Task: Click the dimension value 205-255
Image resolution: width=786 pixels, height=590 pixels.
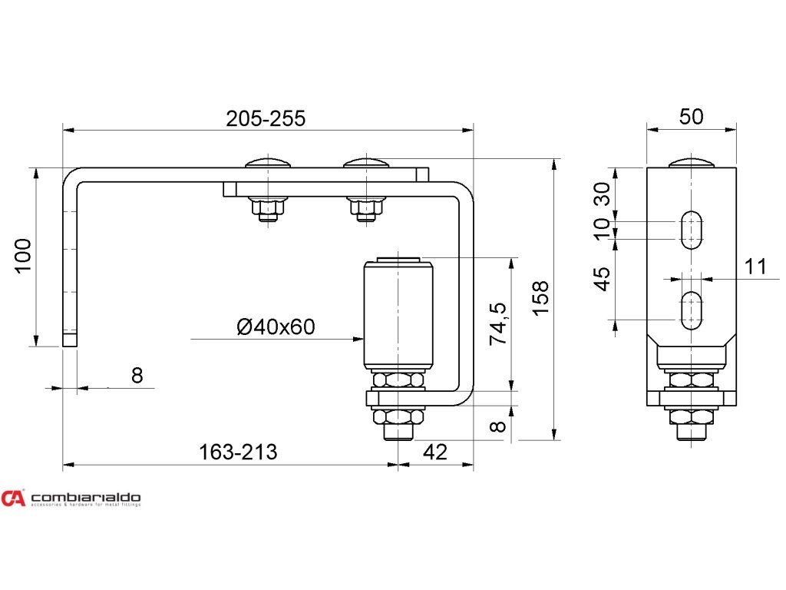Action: pyautogui.click(x=266, y=118)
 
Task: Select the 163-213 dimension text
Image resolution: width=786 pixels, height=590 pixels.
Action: pyautogui.click(x=238, y=452)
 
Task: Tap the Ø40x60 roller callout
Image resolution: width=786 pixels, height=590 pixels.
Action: pyautogui.click(x=276, y=327)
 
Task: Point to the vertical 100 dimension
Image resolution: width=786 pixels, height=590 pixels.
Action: pyautogui.click(x=23, y=255)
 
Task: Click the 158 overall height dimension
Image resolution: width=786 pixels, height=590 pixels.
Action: pyautogui.click(x=541, y=297)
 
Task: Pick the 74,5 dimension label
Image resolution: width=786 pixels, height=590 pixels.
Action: pyautogui.click(x=498, y=323)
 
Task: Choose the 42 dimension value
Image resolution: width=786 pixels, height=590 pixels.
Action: pyautogui.click(x=434, y=452)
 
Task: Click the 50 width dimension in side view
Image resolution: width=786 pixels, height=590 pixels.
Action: pyautogui.click(x=691, y=117)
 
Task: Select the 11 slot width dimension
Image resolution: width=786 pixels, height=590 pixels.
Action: pyautogui.click(x=755, y=267)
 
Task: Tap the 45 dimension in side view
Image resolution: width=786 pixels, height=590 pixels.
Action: pyautogui.click(x=603, y=278)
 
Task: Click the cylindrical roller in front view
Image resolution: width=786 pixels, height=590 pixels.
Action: pyautogui.click(x=398, y=315)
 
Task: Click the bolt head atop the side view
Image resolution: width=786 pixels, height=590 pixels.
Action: pyautogui.click(x=692, y=162)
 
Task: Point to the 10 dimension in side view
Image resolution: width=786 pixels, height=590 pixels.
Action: pyautogui.click(x=603, y=227)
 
